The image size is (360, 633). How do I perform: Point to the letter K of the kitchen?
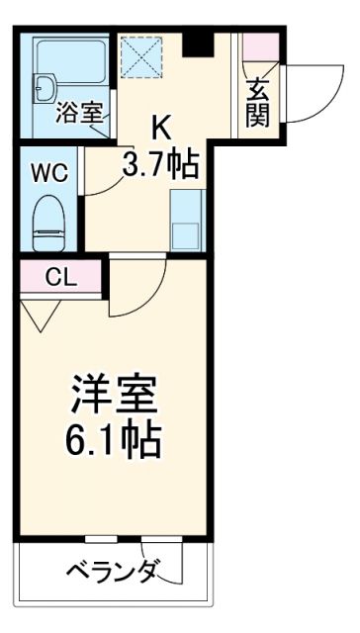click(x=159, y=127)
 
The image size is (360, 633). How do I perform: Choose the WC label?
click(x=48, y=172)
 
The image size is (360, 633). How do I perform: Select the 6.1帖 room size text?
click(x=115, y=441)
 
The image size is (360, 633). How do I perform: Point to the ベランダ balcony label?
click(x=115, y=572)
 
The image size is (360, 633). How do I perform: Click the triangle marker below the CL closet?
click(x=37, y=316)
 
